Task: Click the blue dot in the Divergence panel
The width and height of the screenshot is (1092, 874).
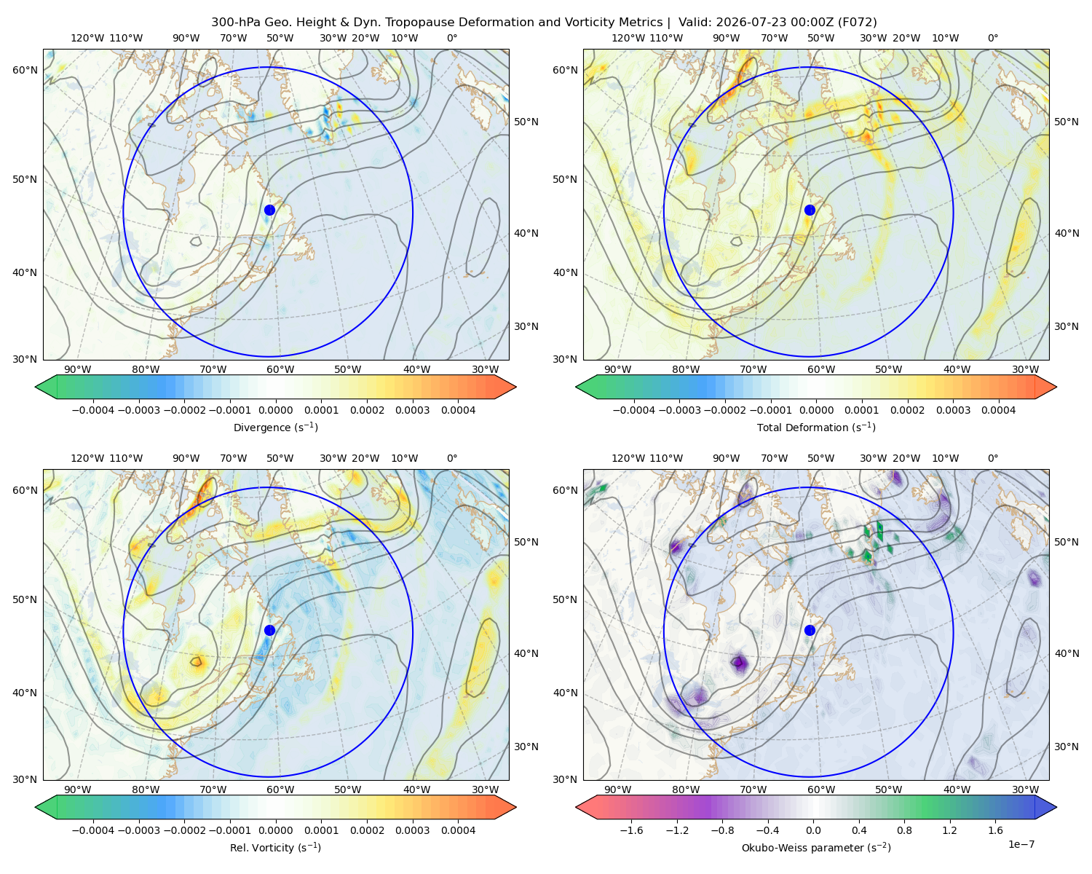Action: click(x=269, y=210)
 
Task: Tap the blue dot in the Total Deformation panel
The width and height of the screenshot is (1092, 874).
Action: click(x=810, y=210)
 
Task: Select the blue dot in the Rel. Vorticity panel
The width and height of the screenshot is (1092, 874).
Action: click(x=269, y=630)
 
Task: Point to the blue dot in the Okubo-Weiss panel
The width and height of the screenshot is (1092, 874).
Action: click(x=810, y=630)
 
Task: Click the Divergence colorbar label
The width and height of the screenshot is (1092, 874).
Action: click(x=275, y=428)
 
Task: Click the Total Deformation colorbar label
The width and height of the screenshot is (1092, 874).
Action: click(x=816, y=428)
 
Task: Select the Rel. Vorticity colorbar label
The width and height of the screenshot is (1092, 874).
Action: click(x=275, y=848)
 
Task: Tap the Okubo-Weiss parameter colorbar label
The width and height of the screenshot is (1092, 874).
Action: click(x=816, y=848)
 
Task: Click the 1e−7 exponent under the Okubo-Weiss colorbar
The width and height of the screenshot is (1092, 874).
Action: click(x=1021, y=845)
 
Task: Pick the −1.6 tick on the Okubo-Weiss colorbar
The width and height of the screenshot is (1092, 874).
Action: click(x=631, y=830)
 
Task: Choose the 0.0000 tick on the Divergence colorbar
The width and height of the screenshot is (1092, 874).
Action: click(x=275, y=410)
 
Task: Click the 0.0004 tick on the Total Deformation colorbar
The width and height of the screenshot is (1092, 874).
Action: click(x=999, y=410)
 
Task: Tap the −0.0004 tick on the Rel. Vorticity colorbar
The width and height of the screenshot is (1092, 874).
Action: click(x=93, y=830)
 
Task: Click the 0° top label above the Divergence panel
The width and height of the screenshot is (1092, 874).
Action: click(x=452, y=38)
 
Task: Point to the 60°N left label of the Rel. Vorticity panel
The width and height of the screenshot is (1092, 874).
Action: click(x=25, y=490)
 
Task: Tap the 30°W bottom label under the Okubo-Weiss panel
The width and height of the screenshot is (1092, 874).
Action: click(x=1026, y=790)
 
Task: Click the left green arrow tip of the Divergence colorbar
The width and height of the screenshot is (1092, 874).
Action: click(x=36, y=387)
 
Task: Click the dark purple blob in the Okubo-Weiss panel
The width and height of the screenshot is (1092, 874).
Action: click(x=740, y=662)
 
